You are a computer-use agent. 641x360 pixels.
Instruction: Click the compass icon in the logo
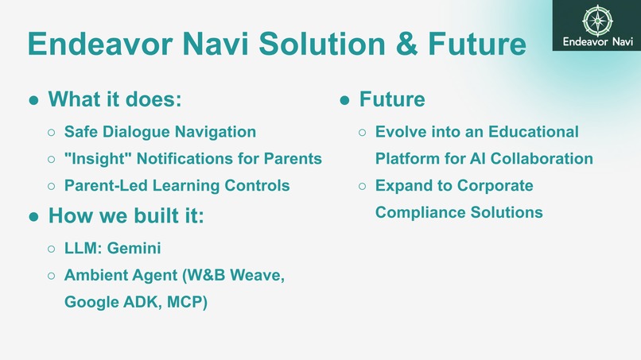[x=596, y=20]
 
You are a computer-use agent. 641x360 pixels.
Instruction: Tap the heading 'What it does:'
[x=115, y=99]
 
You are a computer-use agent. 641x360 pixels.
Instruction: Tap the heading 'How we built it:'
[x=126, y=215]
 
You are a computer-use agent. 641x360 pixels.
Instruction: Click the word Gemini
[x=134, y=249]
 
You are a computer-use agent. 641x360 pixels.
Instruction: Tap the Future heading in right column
[x=391, y=99]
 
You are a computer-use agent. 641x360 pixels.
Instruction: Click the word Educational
[x=534, y=132]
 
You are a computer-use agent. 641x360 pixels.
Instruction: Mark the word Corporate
[x=495, y=186]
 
